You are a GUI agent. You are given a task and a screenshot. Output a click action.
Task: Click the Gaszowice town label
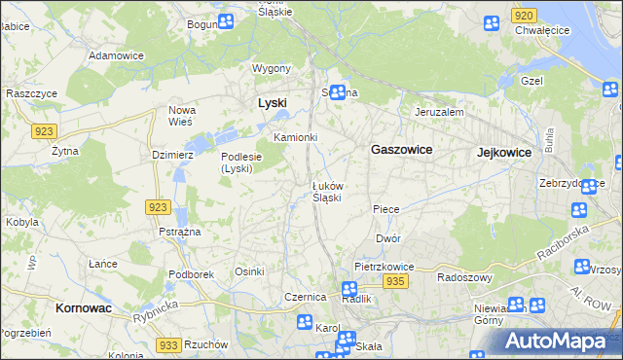click(402, 150)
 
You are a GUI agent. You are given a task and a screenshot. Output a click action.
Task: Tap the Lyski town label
click(272, 102)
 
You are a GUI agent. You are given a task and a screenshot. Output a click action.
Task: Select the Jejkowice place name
click(503, 153)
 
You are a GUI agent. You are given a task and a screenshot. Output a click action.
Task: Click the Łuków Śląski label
click(326, 191)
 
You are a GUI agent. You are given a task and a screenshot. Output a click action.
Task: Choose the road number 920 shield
click(524, 16)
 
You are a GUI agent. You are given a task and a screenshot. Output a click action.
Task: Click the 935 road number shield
click(394, 280)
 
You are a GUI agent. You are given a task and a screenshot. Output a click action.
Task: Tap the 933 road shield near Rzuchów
click(168, 344)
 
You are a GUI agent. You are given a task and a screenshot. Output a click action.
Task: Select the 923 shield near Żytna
click(46, 130)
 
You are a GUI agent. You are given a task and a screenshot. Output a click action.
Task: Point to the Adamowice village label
click(116, 55)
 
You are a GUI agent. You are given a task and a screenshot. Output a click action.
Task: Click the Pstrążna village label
click(179, 232)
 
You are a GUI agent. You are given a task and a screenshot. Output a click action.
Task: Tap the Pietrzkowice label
click(385, 266)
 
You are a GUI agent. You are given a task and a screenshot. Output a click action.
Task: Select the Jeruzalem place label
click(439, 112)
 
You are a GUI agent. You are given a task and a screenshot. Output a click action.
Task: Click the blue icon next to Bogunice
click(226, 21)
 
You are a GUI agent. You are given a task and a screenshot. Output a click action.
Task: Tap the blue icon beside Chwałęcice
click(494, 22)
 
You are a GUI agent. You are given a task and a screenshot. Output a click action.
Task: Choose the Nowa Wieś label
click(182, 115)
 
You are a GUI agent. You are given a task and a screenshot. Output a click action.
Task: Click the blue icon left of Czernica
click(305, 322)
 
